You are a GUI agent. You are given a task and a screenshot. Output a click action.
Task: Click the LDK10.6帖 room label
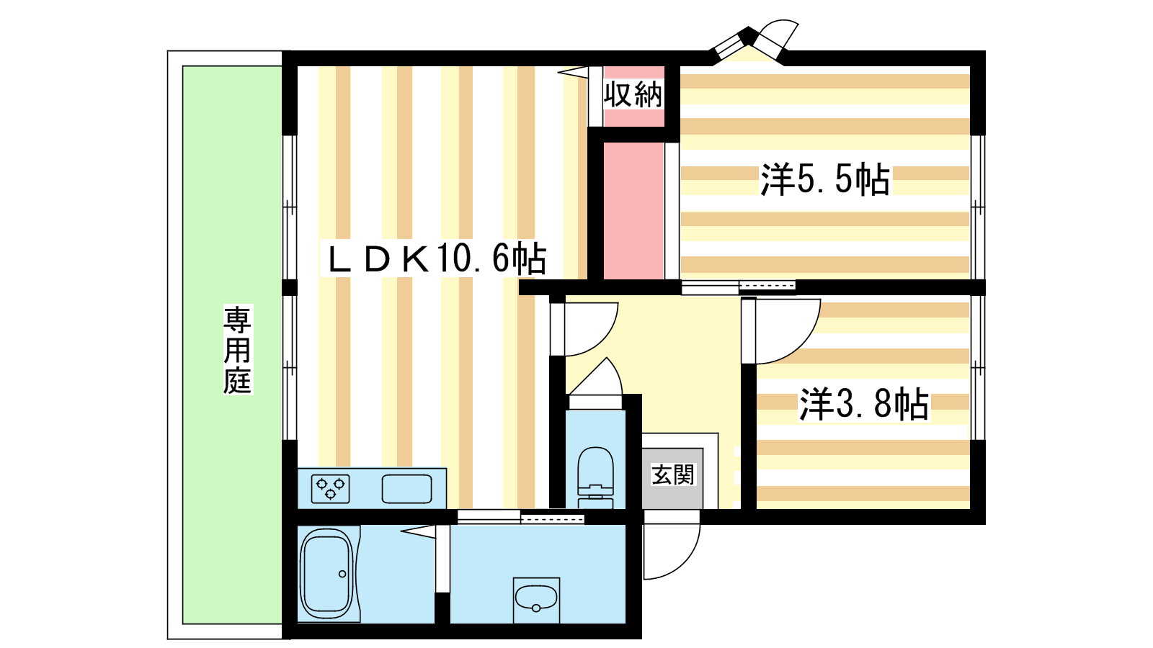click(x=436, y=258)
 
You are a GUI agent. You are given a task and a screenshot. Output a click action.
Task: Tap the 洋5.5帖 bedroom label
click(x=825, y=179)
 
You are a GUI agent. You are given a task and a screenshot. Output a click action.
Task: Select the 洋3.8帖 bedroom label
click(x=864, y=404)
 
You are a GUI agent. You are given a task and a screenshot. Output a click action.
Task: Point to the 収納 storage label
click(x=633, y=94)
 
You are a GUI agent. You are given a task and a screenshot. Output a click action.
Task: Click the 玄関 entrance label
click(x=673, y=474)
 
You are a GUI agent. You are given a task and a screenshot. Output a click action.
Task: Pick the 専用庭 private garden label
click(x=237, y=350)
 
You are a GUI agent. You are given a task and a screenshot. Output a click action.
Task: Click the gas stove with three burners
click(x=331, y=489)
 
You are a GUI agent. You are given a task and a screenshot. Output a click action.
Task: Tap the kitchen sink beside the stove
click(x=406, y=489)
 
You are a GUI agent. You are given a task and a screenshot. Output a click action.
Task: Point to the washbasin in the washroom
click(x=536, y=600)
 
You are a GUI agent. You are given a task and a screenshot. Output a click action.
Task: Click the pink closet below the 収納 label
click(x=633, y=211)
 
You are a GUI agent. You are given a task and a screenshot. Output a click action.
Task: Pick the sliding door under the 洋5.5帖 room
click(x=739, y=287)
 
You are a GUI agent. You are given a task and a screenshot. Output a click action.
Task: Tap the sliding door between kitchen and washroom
click(x=520, y=517)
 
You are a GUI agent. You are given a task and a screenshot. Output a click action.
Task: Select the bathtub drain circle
click(x=342, y=574)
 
